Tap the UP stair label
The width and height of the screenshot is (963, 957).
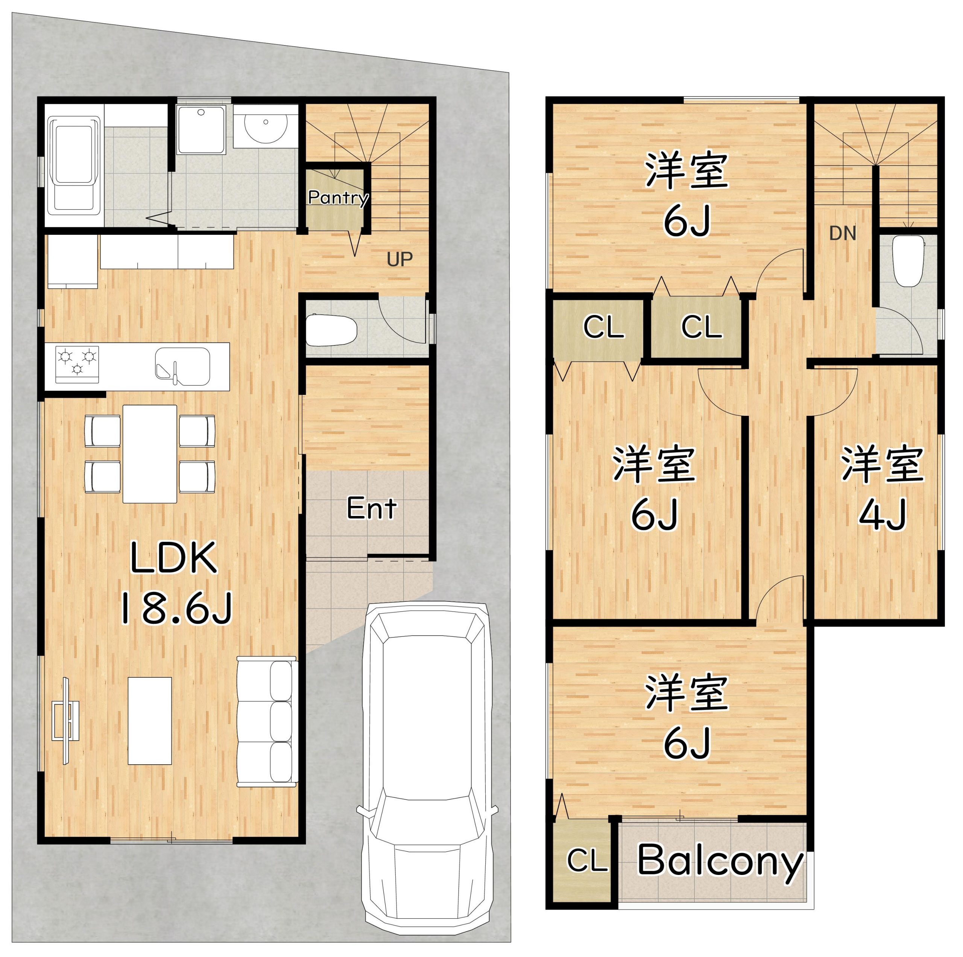tap(400, 259)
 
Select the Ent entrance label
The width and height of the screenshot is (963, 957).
tap(371, 509)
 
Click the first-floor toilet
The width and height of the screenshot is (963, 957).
tap(331, 330)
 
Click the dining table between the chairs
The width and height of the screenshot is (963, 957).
tap(150, 454)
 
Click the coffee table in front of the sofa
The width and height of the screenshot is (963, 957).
tap(150, 721)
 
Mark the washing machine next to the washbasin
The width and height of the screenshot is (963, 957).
tap(201, 129)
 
